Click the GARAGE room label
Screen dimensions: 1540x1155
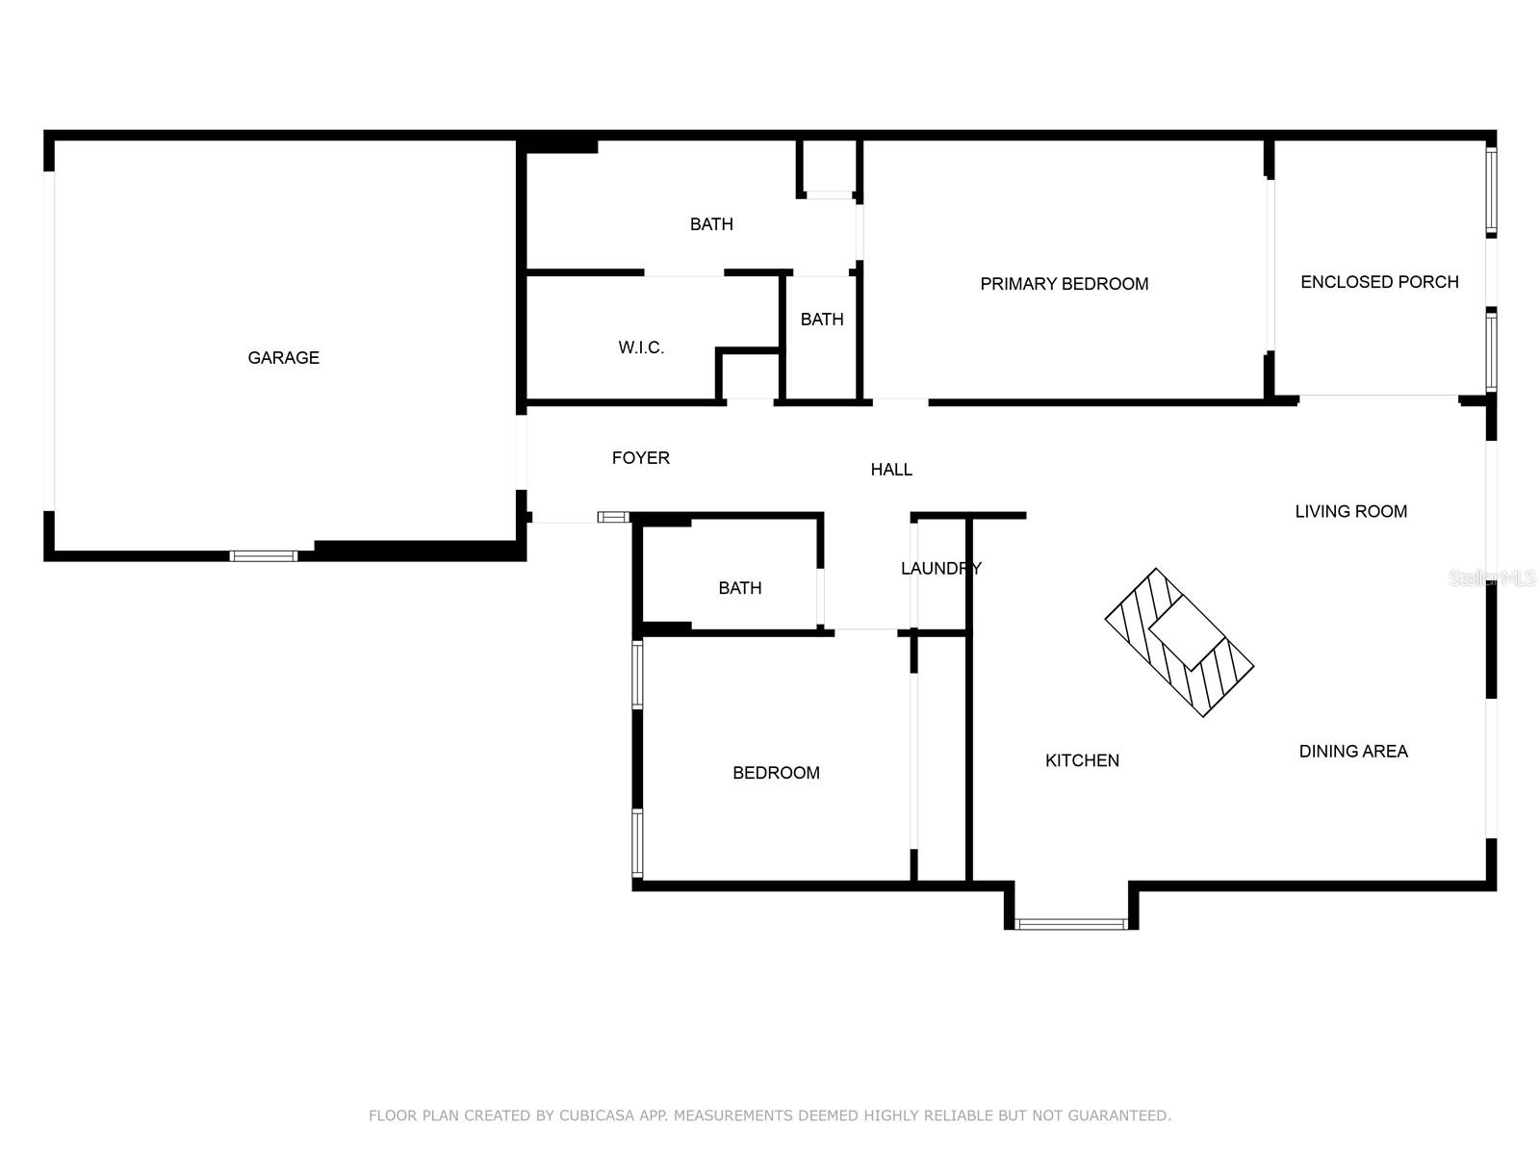click(283, 358)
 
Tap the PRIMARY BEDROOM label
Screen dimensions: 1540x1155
click(1064, 284)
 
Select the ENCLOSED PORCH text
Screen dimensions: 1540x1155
click(1379, 282)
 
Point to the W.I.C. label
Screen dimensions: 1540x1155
click(641, 347)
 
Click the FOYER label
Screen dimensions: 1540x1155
click(641, 458)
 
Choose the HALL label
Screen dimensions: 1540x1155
click(891, 470)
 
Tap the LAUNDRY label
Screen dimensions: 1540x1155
click(940, 568)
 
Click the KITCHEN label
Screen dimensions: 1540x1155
click(1082, 760)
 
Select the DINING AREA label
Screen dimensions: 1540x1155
click(1353, 751)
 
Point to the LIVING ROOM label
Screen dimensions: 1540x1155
click(1350, 511)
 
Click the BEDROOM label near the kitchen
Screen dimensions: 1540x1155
click(776, 773)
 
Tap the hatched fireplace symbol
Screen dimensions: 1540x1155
click(1179, 642)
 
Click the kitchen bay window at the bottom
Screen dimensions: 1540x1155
click(1070, 924)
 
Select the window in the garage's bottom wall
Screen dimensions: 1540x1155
click(264, 556)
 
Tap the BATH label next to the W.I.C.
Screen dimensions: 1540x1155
click(822, 320)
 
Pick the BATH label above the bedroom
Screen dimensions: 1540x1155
click(740, 588)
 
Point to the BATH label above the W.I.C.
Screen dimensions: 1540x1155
click(711, 224)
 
